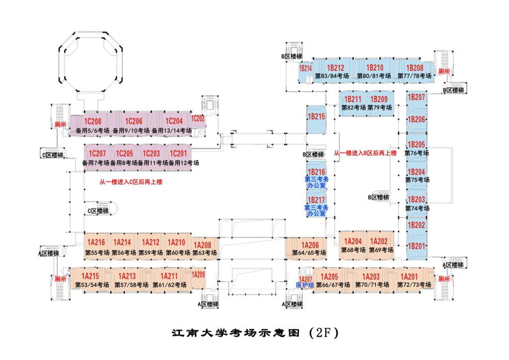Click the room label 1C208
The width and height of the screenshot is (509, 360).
click(x=92, y=121)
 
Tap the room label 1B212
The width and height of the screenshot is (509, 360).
click(x=336, y=68)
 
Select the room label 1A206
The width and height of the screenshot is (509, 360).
click(x=309, y=245)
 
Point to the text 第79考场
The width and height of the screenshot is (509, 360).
click(x=380, y=107)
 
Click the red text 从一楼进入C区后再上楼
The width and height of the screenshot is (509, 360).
click(x=131, y=182)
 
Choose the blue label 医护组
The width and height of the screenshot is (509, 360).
click(x=304, y=285)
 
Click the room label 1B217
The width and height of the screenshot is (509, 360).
click(x=317, y=199)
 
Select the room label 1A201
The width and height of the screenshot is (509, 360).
click(x=410, y=276)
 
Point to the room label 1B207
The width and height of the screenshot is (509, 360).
click(x=417, y=97)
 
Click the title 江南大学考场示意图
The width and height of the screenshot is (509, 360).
click(x=236, y=333)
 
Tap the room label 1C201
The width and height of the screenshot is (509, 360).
click(x=178, y=154)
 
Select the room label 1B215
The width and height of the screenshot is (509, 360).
click(x=317, y=117)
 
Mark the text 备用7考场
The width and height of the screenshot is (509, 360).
click(x=95, y=163)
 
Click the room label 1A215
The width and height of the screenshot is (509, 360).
click(x=90, y=276)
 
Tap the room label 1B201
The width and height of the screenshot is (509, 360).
click(x=417, y=246)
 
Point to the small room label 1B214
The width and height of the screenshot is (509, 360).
click(x=305, y=69)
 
